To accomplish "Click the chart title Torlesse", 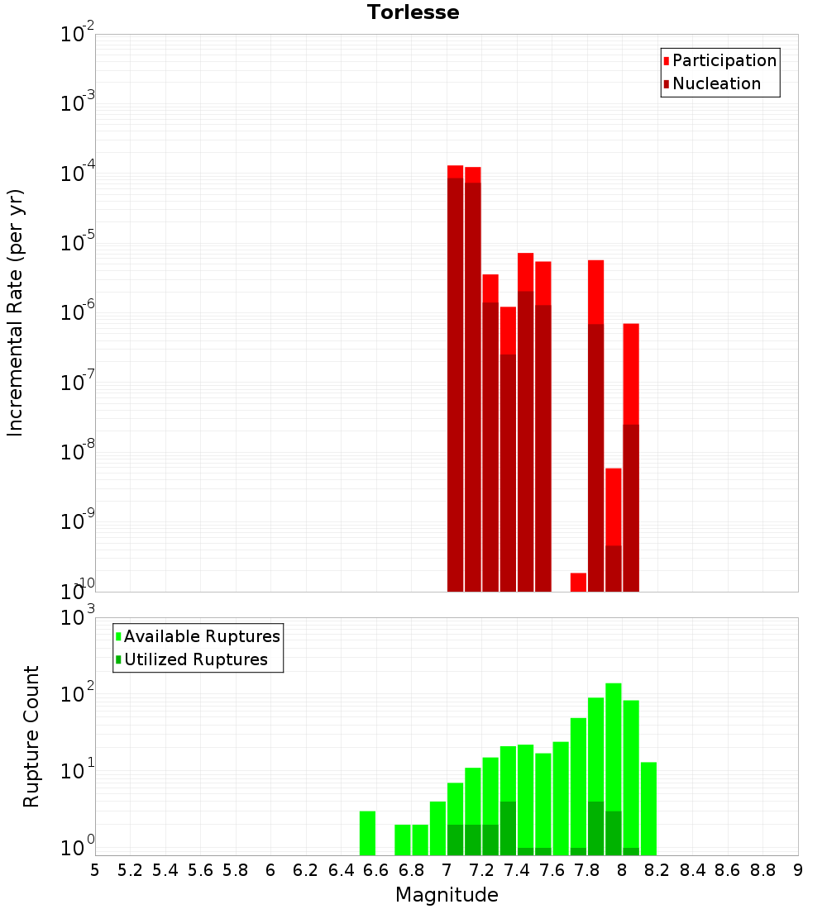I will point(413,12).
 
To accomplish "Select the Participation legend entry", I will point(724,60).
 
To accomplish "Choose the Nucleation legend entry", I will point(716,83).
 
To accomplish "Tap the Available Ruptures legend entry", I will point(202,636).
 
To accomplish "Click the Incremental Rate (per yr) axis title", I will point(16,312).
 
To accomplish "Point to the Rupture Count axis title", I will point(31,736).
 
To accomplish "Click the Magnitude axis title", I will point(447,895).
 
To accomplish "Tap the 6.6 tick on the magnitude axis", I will point(376,870).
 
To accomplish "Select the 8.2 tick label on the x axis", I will point(657,870).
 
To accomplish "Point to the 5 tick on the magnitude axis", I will point(95,870).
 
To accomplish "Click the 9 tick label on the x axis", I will point(798,870).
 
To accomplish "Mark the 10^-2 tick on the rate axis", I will point(78,35).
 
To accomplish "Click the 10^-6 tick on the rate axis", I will point(78,313).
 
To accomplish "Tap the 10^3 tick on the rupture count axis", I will point(78,618).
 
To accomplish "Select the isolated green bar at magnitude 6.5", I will point(367,833).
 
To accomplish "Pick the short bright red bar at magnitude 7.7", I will point(578,582).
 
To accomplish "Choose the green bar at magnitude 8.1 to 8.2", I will point(648,808).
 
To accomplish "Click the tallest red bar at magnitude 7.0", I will point(455,380).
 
